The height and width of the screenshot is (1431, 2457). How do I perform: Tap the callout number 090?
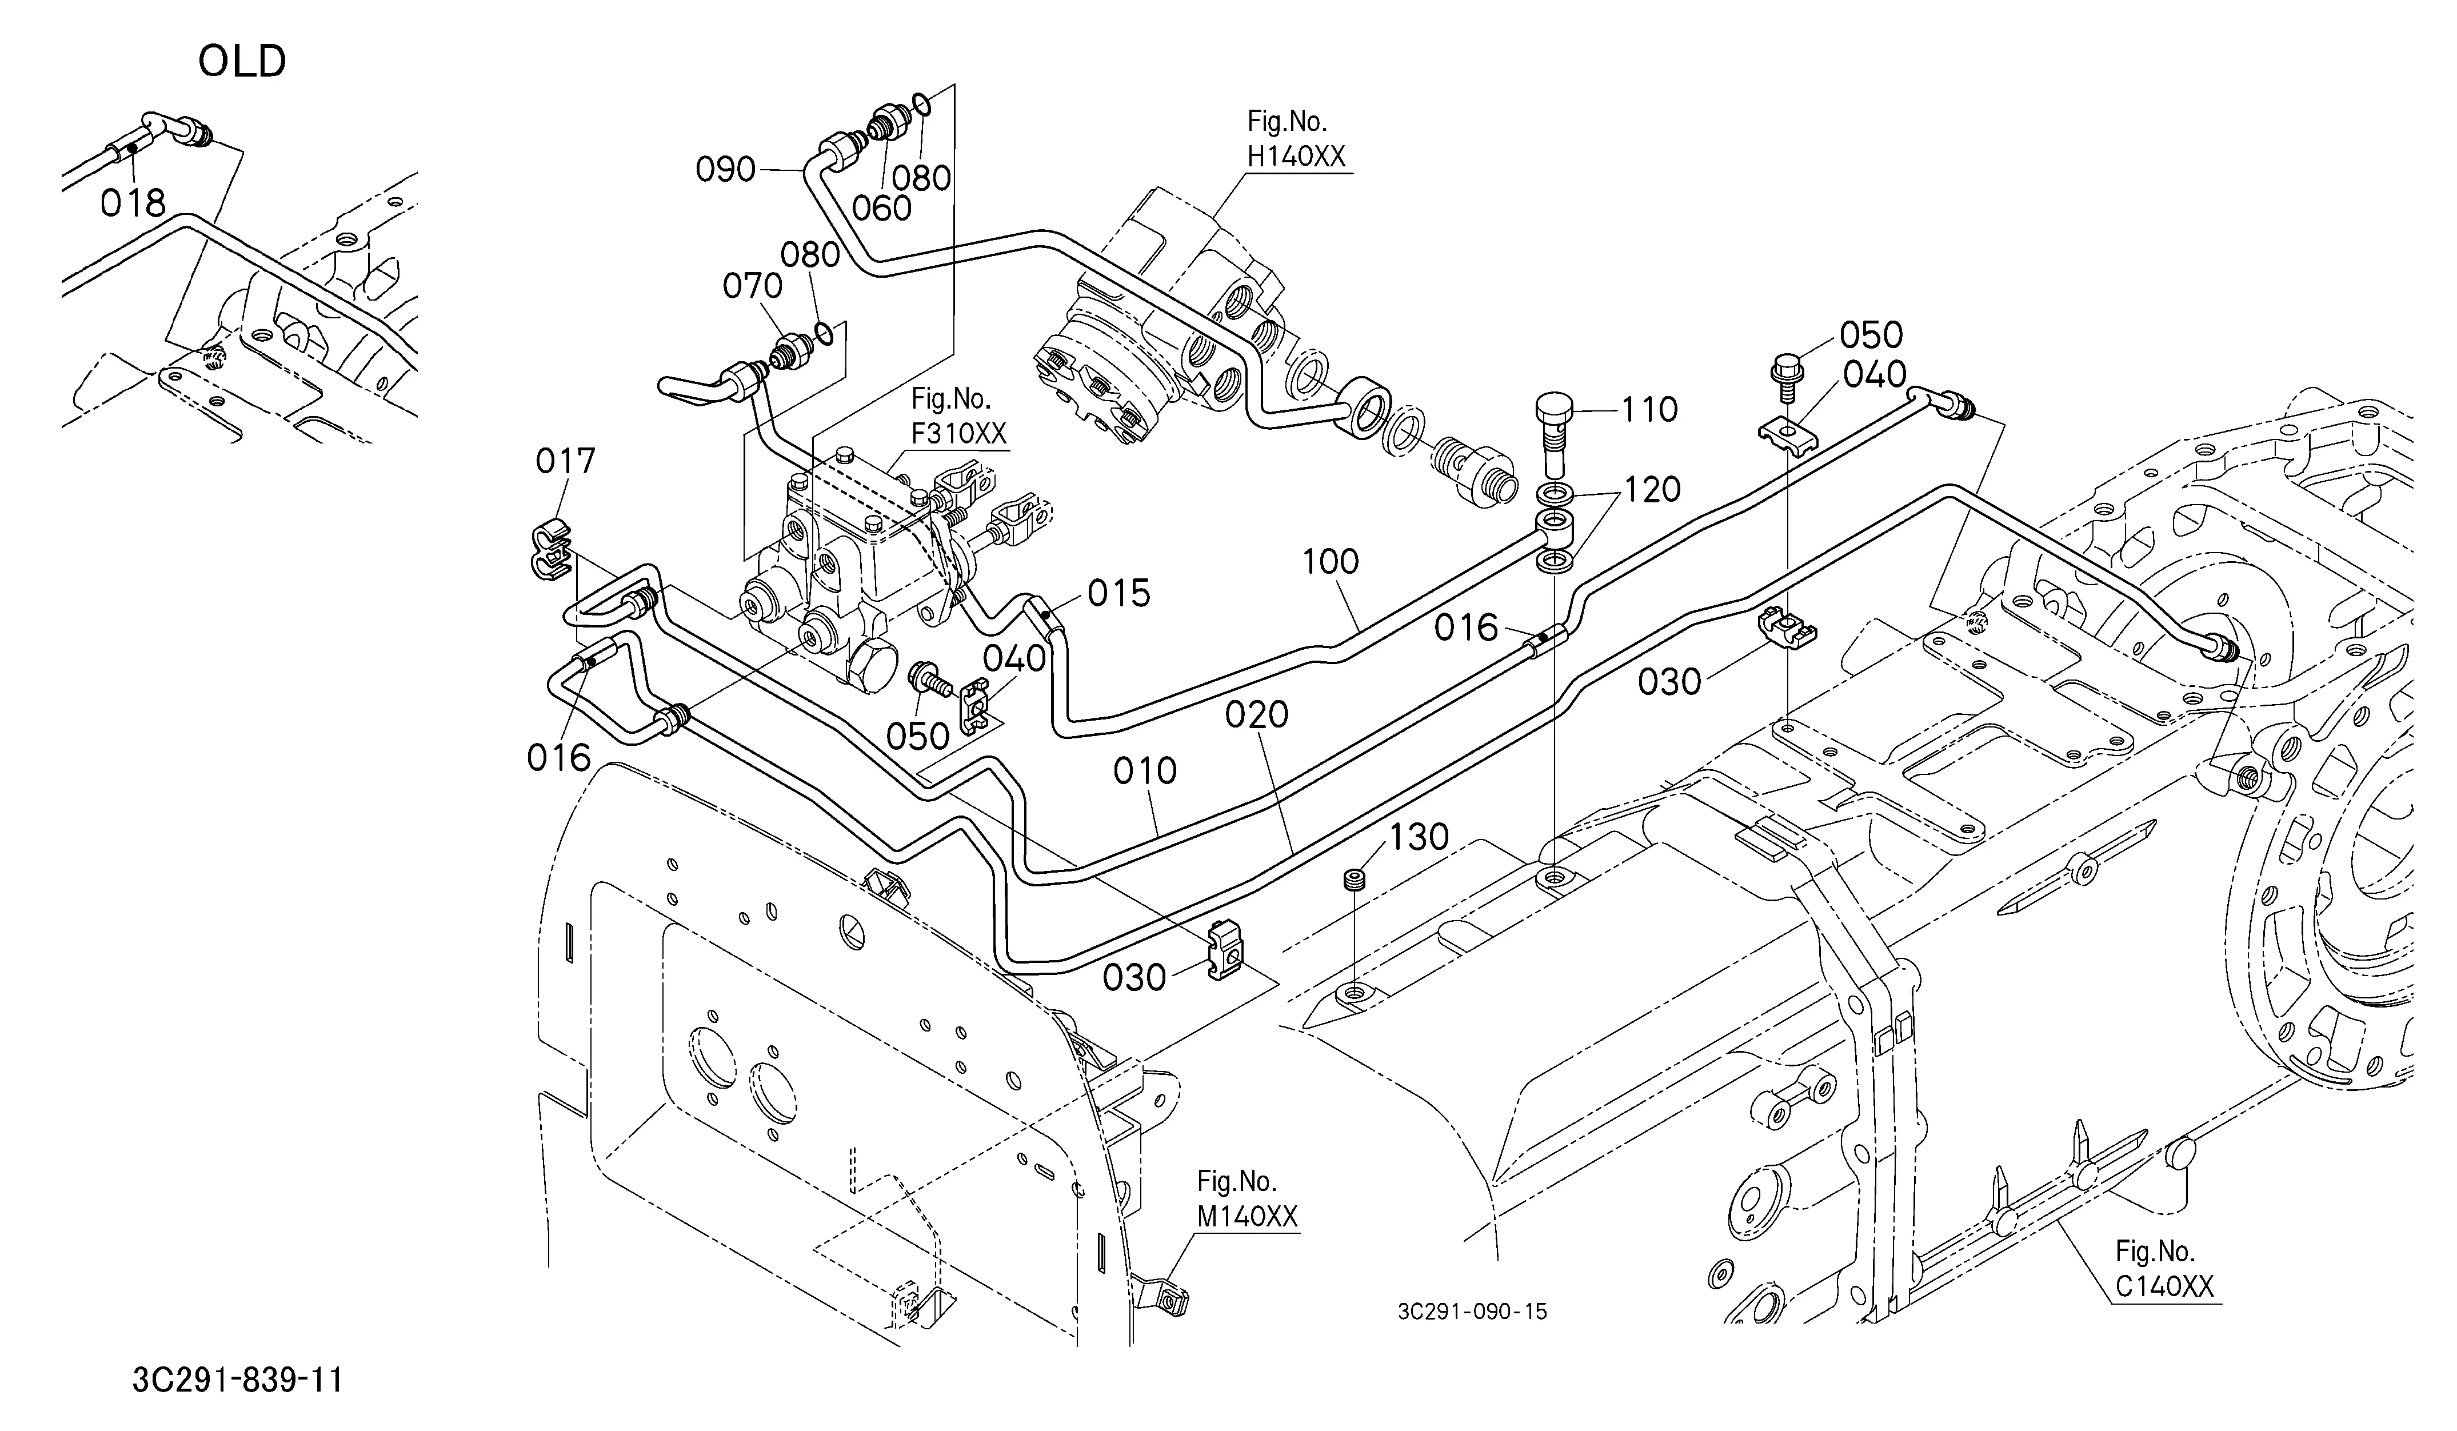click(x=726, y=170)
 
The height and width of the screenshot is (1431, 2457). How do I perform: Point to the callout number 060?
click(x=881, y=207)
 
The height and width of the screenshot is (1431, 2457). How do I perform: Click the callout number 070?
click(x=753, y=286)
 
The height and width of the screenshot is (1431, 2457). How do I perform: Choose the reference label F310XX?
click(x=960, y=433)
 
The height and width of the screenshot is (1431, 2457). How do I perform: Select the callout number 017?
click(x=565, y=461)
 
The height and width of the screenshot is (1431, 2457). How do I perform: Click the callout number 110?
click(x=1649, y=409)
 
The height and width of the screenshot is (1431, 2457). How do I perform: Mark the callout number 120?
click(x=1652, y=489)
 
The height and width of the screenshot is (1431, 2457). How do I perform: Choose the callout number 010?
click(x=1145, y=771)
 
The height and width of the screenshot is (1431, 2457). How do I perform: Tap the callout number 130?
click(x=1419, y=837)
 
